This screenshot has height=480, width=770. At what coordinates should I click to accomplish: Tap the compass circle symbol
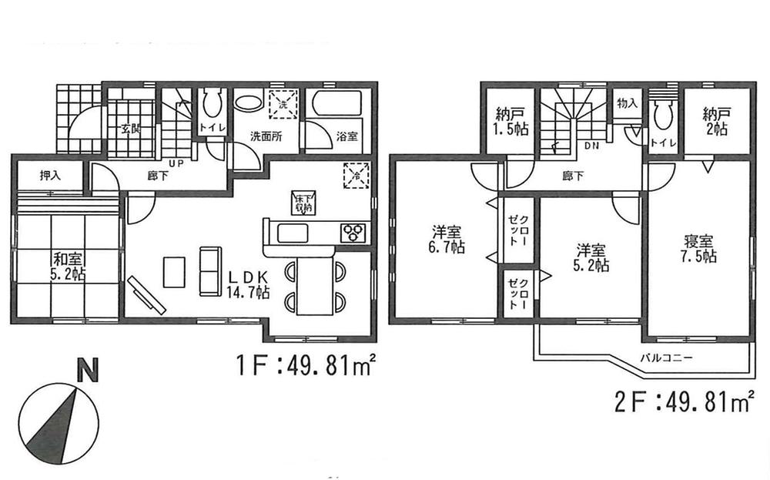click(x=59, y=423)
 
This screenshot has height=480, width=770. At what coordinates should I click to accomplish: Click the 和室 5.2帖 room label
click(x=65, y=263)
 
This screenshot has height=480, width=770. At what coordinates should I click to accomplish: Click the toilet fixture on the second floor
click(x=661, y=116)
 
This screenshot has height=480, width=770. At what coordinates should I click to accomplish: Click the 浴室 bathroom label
click(x=346, y=137)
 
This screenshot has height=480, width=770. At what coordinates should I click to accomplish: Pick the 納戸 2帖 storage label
click(x=715, y=122)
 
